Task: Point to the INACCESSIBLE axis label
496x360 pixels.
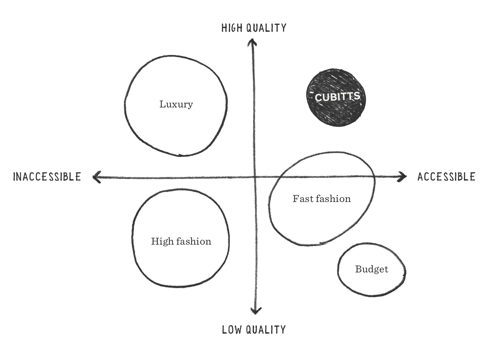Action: click(47, 177)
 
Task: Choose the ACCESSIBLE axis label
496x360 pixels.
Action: click(446, 177)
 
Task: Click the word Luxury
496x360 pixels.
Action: click(176, 104)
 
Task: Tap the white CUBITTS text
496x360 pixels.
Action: click(337, 97)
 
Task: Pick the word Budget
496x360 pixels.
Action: click(372, 269)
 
